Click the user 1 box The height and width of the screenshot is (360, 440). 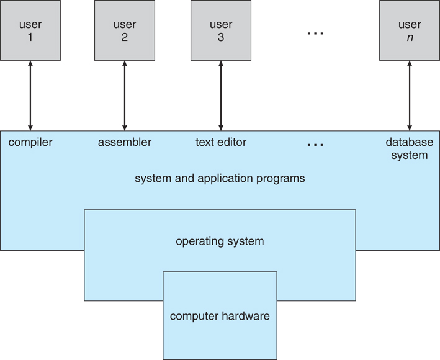[30, 30]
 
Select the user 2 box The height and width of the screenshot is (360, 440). [125, 30]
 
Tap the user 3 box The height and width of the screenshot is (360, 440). [221, 30]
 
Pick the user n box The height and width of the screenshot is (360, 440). [409, 30]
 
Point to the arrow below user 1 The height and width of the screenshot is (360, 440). [30, 96]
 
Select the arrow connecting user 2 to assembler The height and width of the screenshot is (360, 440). [125, 96]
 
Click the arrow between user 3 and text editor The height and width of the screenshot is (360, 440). [221, 96]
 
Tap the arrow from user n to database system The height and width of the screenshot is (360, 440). [409, 96]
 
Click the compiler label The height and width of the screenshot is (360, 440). [30, 143]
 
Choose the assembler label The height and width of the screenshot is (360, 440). [125, 143]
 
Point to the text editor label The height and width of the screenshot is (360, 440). [221, 143]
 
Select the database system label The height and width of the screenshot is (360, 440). [409, 149]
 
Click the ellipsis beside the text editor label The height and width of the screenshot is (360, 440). [315, 145]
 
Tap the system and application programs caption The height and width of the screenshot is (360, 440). [220, 179]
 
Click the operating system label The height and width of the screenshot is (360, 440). [220, 241]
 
